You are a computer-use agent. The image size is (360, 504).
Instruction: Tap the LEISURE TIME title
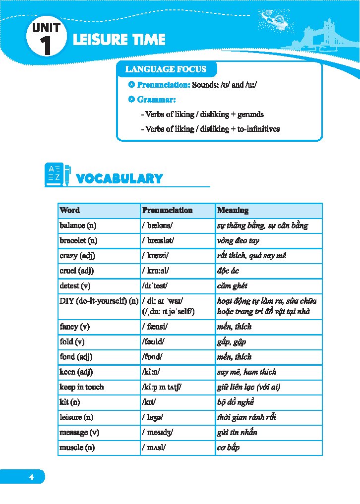(x=119, y=40)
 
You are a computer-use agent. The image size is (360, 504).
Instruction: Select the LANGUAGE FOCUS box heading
(x=165, y=69)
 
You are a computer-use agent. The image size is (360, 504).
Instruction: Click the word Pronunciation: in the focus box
(x=163, y=85)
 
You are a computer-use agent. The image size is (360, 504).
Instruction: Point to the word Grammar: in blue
(x=153, y=100)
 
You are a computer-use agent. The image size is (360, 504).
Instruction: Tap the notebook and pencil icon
(x=58, y=174)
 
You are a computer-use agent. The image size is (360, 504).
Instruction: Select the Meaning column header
(x=233, y=210)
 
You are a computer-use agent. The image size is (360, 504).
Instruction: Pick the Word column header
(x=69, y=210)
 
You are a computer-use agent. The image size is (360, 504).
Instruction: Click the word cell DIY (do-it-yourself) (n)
(x=99, y=301)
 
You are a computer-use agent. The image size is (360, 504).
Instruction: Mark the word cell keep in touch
(x=82, y=387)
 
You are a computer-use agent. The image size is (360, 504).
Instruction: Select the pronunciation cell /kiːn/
(x=151, y=372)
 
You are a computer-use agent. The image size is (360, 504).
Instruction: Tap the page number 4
(x=31, y=477)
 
